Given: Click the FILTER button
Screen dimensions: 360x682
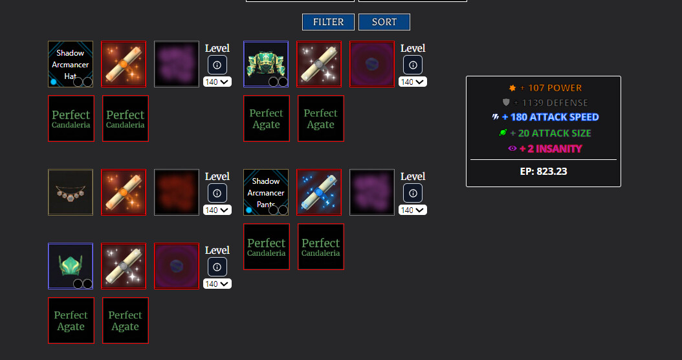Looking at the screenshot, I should (328, 22).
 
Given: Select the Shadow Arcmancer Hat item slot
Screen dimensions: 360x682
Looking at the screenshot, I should (71, 64).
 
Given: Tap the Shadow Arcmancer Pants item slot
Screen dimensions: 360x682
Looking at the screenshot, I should (266, 192).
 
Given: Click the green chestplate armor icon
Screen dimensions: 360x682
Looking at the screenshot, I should (266, 64).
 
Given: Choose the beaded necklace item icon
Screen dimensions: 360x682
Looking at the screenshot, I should (71, 192).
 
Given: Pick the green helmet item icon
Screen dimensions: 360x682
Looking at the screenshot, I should (71, 266).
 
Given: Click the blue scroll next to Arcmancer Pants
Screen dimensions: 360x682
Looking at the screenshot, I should (319, 192).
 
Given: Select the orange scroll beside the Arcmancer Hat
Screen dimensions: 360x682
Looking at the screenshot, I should (124, 64).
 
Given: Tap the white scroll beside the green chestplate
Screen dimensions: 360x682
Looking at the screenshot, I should (319, 64).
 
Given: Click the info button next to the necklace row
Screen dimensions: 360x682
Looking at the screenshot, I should (217, 192).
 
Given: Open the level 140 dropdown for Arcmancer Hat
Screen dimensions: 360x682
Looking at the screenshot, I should (217, 82).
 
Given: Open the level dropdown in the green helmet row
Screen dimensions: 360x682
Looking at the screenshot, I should (217, 284).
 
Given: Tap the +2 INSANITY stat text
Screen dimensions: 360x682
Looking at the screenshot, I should (551, 148).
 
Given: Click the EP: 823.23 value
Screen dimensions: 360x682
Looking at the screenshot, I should (544, 172).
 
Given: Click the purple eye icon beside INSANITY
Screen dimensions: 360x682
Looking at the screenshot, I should (512, 148).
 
